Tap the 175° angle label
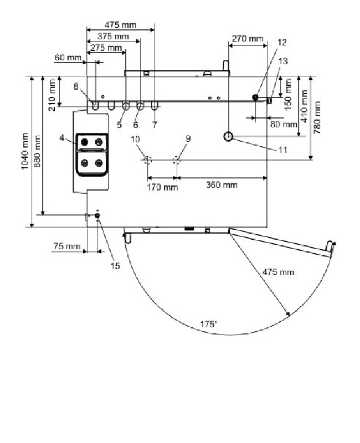click(208, 324)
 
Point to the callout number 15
click(115, 266)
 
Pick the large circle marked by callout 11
click(229, 136)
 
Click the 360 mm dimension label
click(221, 185)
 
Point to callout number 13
click(284, 62)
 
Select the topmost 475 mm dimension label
click(120, 25)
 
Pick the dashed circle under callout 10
click(147, 160)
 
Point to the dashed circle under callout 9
click(177, 160)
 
